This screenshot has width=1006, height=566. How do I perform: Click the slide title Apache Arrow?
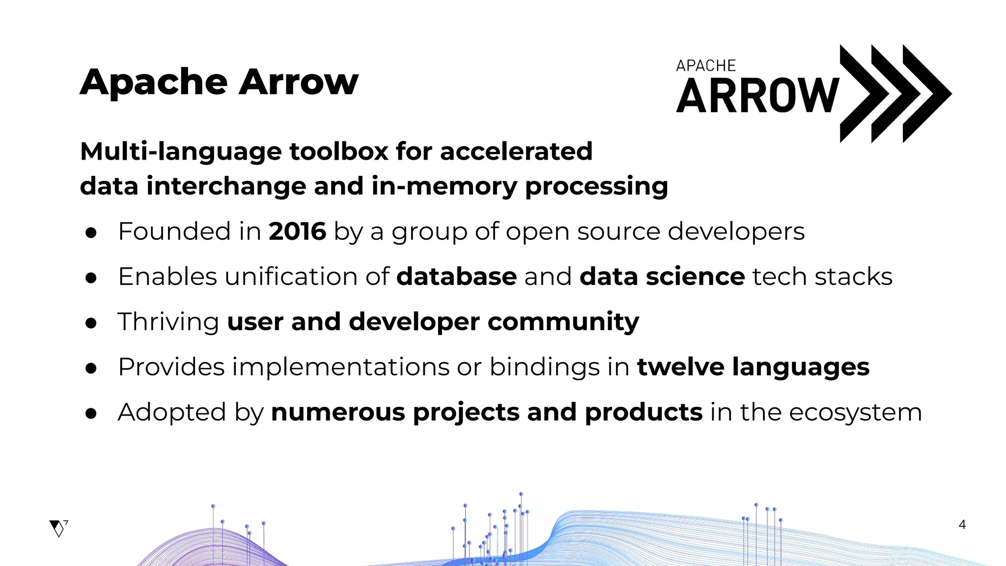coord(219,82)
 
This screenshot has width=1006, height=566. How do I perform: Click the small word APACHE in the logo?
coord(705,66)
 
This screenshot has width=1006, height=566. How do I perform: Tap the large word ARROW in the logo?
coord(757,96)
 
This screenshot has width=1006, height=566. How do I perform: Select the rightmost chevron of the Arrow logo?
coord(926,93)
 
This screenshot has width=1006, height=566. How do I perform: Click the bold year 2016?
coord(297,231)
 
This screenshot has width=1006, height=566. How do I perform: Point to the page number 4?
coord(962,525)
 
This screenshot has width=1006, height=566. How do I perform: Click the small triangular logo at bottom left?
coord(58,528)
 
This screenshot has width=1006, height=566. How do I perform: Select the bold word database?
coord(456,277)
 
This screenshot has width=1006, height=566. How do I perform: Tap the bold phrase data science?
coord(662,277)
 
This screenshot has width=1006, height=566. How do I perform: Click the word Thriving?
coord(168,322)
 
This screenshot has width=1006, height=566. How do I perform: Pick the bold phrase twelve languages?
coord(753,367)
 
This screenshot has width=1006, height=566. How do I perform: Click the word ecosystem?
coord(855,413)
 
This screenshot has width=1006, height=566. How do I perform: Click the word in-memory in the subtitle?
coord(444,187)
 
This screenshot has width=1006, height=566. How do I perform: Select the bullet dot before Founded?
coord(91,233)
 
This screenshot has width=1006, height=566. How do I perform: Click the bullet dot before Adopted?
coord(91,414)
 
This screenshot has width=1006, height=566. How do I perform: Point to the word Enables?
coord(168,277)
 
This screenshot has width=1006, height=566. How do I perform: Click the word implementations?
coord(341,367)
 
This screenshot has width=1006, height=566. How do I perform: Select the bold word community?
coord(563,322)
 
